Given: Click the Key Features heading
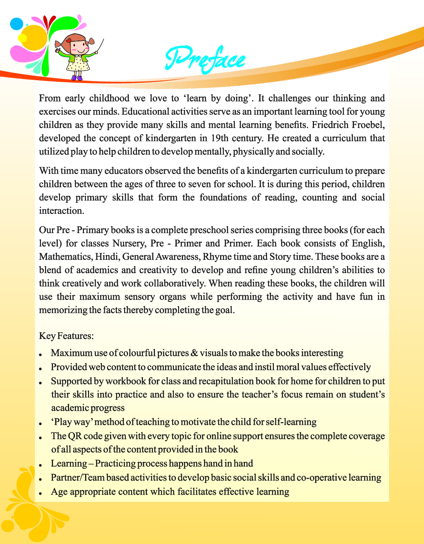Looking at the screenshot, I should (66, 336).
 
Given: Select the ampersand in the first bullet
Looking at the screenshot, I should (194, 353).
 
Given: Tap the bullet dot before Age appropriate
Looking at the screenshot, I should (41, 493).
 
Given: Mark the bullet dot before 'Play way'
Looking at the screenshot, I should (41, 423).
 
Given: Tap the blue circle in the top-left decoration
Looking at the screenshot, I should (16, 24).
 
